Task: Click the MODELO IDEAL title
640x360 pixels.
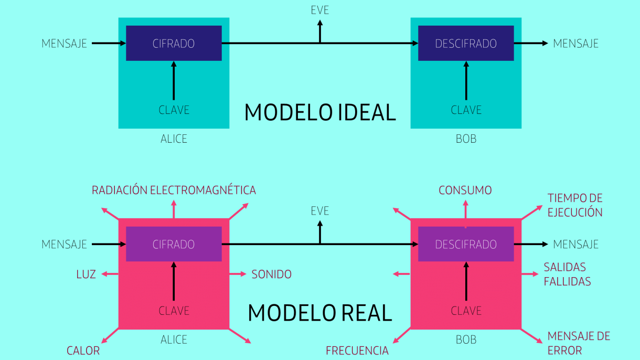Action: pyautogui.click(x=320, y=113)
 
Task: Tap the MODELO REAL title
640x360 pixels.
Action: pyautogui.click(x=320, y=313)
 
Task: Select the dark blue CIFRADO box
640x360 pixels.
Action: pyautogui.click(x=174, y=44)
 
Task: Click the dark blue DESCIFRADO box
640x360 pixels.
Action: pyautogui.click(x=466, y=44)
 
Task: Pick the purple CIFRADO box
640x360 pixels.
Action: pyautogui.click(x=174, y=244)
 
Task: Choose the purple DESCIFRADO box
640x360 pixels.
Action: pyautogui.click(x=466, y=244)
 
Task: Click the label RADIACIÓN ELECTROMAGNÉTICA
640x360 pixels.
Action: pyautogui.click(x=174, y=190)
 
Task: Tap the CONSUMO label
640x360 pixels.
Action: pyautogui.click(x=465, y=190)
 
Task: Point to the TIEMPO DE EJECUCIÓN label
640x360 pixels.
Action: pyautogui.click(x=575, y=205)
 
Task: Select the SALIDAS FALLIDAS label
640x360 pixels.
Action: pyautogui.click(x=567, y=274)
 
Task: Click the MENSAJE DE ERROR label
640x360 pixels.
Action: pyautogui.click(x=579, y=343)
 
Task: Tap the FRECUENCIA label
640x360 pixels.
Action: pyautogui.click(x=357, y=351)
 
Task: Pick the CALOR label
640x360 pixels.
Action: pyautogui.click(x=83, y=351)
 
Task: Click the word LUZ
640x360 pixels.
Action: pyautogui.click(x=86, y=274)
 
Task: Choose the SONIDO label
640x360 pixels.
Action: pyautogui.click(x=271, y=274)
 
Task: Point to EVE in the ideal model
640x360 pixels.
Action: pyautogui.click(x=319, y=10)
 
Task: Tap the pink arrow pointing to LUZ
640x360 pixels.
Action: pyautogui.click(x=110, y=274)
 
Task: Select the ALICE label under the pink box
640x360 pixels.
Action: pyautogui.click(x=174, y=340)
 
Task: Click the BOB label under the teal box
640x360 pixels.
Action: pyautogui.click(x=466, y=139)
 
